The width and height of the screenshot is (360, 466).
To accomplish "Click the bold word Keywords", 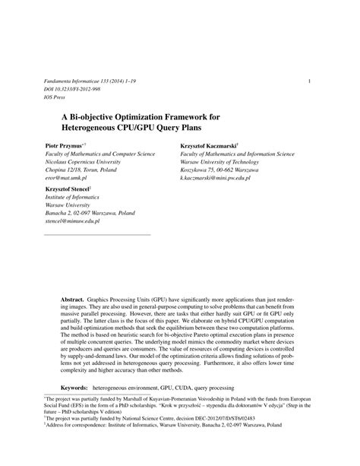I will (76, 386).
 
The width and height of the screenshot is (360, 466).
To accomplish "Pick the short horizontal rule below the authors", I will (98, 234).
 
